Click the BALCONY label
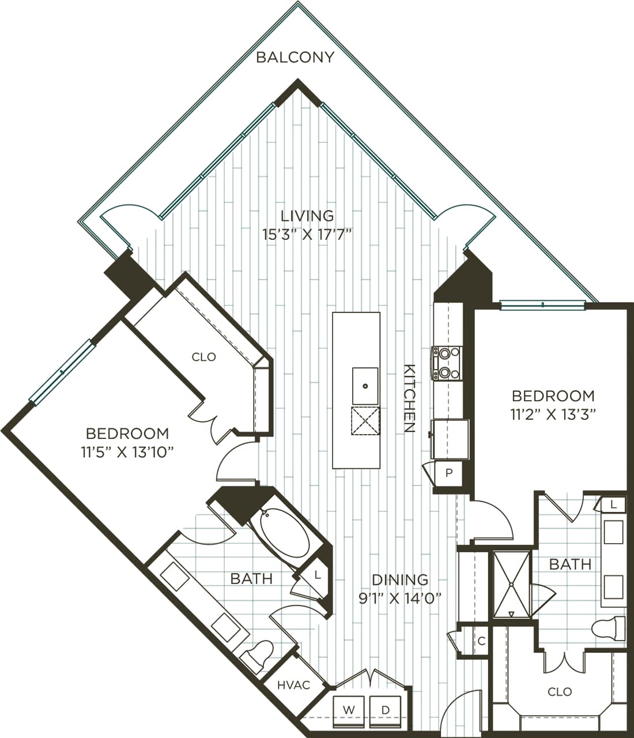(x=295, y=57)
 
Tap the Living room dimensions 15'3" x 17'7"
(x=307, y=235)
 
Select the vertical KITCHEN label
(x=409, y=398)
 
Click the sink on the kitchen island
(x=365, y=386)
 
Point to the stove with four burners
(x=447, y=363)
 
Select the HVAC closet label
(x=293, y=685)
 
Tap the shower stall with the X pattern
(x=511, y=584)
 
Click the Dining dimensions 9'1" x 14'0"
(x=400, y=598)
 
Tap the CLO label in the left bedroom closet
(x=204, y=357)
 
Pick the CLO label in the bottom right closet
(x=560, y=691)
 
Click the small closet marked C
(x=481, y=641)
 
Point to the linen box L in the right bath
(x=614, y=504)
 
